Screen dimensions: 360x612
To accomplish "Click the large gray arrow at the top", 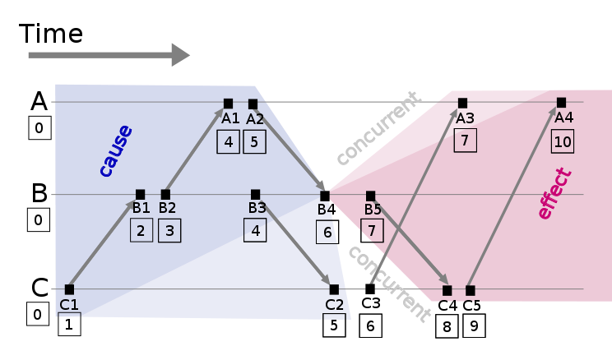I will point(107,55).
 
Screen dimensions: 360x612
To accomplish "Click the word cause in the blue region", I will point(115,150).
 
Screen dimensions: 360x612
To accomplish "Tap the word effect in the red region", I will point(554,194).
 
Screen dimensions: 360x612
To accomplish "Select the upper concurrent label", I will point(378,128).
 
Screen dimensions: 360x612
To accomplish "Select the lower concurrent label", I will point(388,283).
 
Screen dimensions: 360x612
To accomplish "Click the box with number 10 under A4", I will point(563,141).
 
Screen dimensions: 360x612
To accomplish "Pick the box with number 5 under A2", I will point(254,142).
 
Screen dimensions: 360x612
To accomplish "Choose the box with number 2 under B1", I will point(141,230).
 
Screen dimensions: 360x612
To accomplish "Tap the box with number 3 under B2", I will point(169,231).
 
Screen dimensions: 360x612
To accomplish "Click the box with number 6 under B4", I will point(327,232).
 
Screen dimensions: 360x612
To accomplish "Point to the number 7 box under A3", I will point(465,141).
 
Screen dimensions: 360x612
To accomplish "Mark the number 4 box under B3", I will point(255,230).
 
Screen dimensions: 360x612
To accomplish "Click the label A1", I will point(230,118).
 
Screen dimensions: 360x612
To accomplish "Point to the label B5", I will point(373,210).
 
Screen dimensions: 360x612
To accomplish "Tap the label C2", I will point(334,305).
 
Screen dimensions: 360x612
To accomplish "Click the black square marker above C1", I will point(69,289).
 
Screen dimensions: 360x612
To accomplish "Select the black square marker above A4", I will point(561,103).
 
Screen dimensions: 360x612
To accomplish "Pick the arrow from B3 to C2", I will point(296,243).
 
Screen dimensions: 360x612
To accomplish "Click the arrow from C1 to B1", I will point(103,243).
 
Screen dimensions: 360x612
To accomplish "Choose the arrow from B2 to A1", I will point(195,150).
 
